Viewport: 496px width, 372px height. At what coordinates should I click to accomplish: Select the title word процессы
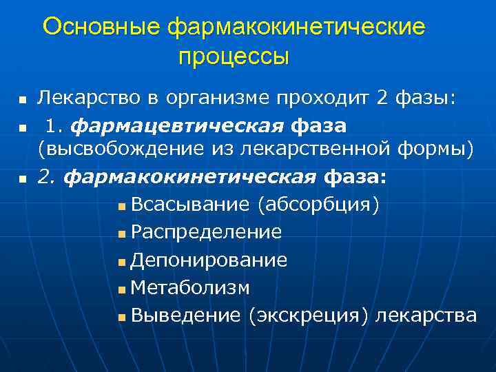click(x=234, y=56)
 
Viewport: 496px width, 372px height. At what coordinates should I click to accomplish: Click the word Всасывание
click(x=191, y=205)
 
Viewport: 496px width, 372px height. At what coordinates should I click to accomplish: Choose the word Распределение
click(x=206, y=232)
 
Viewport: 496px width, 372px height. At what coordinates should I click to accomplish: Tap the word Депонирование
click(x=209, y=260)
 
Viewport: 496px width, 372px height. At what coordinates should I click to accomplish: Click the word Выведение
click(x=185, y=315)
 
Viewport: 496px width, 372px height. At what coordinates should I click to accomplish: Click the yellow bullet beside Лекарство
click(x=23, y=101)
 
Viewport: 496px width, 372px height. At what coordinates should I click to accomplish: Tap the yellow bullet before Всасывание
click(x=121, y=207)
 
